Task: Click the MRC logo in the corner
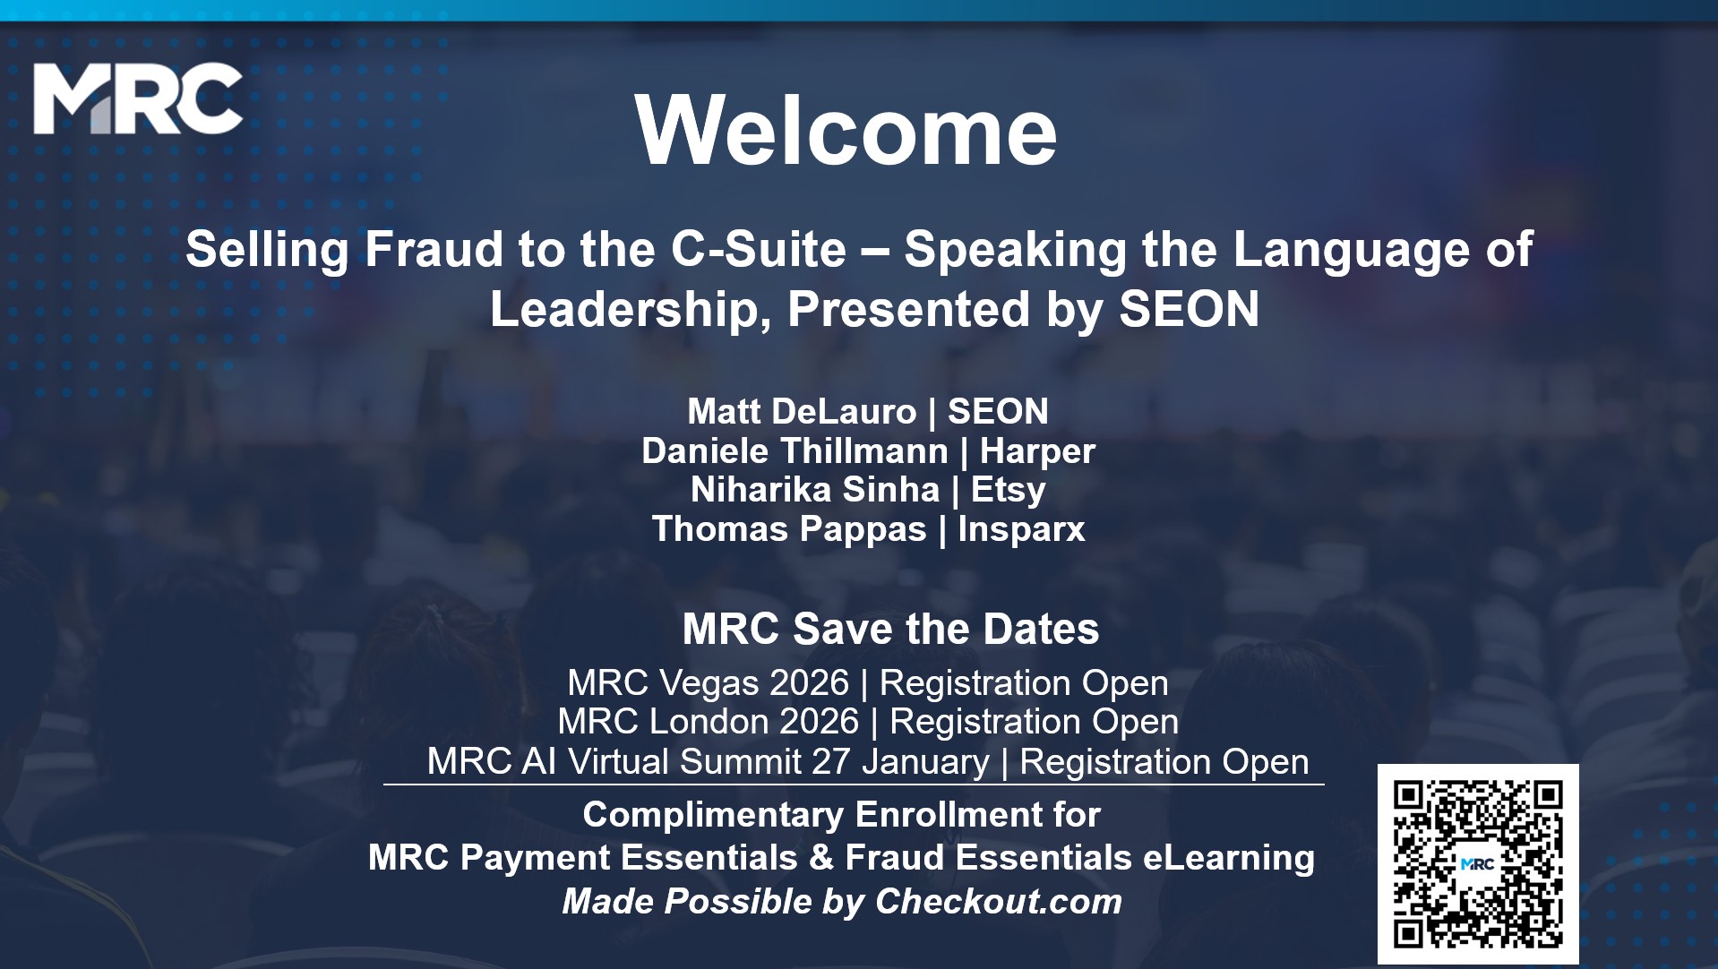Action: (138, 99)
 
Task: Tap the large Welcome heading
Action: (846, 130)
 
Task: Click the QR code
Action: (1478, 864)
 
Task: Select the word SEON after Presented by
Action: (1189, 309)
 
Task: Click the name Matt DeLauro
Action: (802, 411)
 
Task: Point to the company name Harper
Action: (1037, 451)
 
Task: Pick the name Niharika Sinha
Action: (815, 490)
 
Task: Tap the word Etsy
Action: (1009, 491)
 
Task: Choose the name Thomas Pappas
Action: (789, 529)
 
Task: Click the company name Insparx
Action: (1021, 529)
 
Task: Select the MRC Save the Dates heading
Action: (890, 629)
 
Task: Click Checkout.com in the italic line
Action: (998, 902)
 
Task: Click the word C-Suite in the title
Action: (759, 249)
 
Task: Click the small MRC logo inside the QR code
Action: (1477, 864)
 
